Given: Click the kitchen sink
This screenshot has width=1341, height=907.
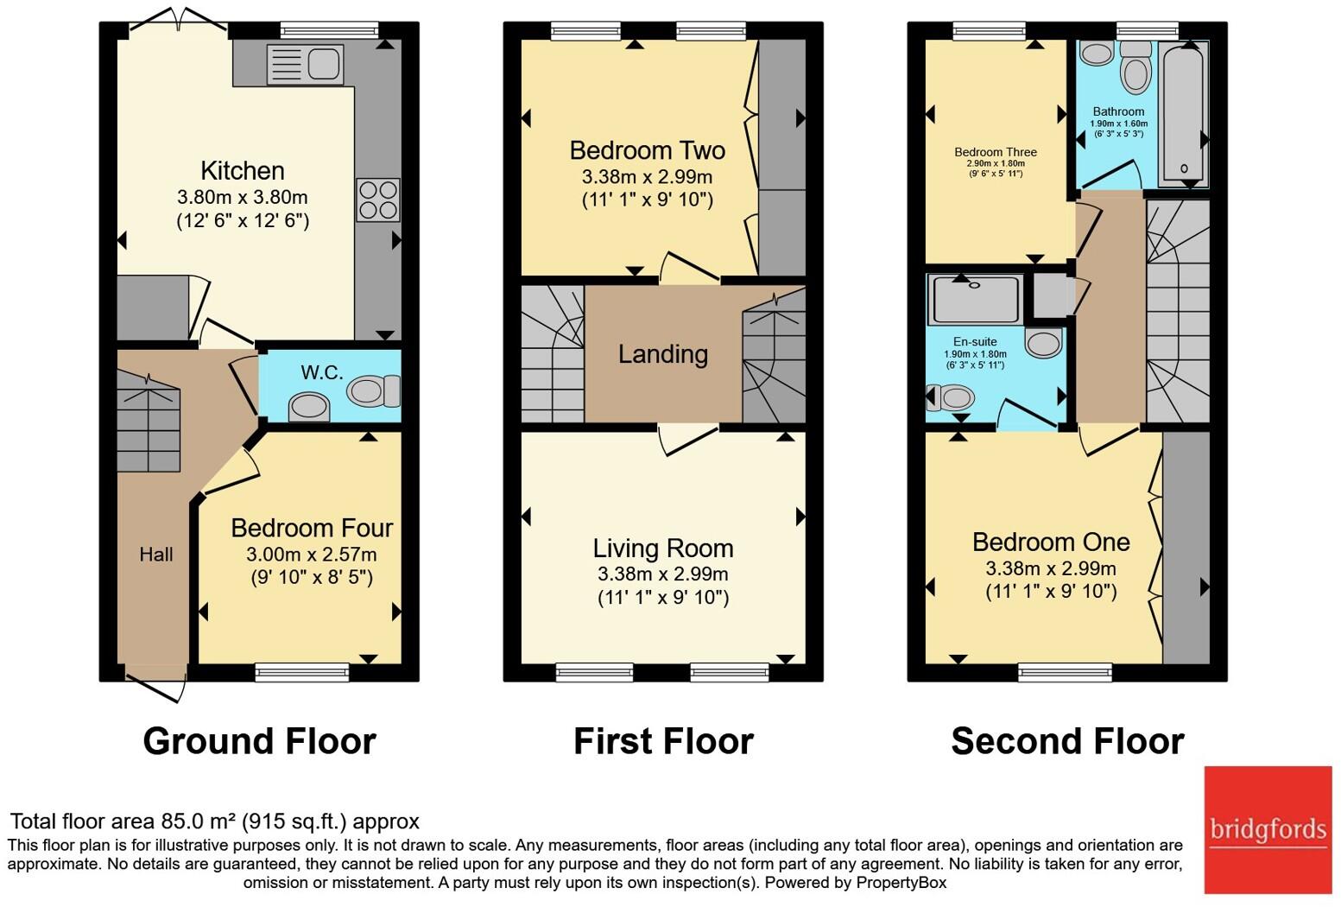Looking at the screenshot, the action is (306, 63).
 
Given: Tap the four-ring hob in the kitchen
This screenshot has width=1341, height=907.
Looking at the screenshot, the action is (378, 200).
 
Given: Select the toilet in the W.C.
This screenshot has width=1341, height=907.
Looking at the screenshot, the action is (373, 390).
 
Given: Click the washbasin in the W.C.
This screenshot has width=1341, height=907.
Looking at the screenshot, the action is (309, 408).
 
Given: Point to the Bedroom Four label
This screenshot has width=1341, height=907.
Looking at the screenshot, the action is (312, 528).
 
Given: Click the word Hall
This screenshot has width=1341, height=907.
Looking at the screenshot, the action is (156, 555).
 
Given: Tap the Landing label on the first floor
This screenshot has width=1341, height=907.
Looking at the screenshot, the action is (663, 354).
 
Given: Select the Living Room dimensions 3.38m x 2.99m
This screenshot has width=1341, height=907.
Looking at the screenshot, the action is (662, 574).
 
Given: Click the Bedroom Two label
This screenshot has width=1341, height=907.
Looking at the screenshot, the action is (647, 150).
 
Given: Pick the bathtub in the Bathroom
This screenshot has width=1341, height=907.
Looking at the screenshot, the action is (1184, 114).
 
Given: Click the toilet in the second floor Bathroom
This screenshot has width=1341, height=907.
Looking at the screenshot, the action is (1135, 67).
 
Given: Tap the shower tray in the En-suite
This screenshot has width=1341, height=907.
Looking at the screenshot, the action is (975, 299).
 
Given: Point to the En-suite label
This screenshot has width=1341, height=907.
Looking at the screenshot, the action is (975, 341).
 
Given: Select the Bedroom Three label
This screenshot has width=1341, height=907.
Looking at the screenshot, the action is (996, 152).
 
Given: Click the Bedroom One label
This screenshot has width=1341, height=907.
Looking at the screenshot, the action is (1051, 542).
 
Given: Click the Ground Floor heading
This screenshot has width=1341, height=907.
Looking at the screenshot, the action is (259, 741).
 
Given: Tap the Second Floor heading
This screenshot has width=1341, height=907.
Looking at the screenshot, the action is (1067, 741).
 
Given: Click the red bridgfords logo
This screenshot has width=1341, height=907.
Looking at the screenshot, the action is (1268, 830).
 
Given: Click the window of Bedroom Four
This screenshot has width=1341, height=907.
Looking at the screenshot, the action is (301, 672).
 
